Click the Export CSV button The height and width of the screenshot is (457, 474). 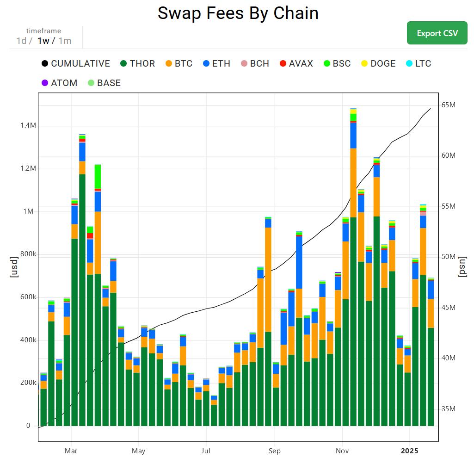pyautogui.click(x=437, y=33)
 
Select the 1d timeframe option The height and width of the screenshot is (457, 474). pyautogui.click(x=21, y=41)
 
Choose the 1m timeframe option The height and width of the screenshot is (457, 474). pyautogui.click(x=65, y=41)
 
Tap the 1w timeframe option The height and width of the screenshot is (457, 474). pyautogui.click(x=43, y=41)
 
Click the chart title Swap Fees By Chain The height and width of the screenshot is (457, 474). pyautogui.click(x=238, y=13)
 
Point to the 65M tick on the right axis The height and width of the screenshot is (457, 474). pyautogui.click(x=448, y=105)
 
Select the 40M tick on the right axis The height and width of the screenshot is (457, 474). pyautogui.click(x=448, y=358)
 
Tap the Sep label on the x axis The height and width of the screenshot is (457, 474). pyautogui.click(x=274, y=451)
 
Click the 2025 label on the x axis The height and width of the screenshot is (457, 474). pyautogui.click(x=409, y=451)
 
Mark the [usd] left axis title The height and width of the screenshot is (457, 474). pyautogui.click(x=14, y=267)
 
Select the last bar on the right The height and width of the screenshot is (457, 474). pyautogui.click(x=431, y=370)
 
